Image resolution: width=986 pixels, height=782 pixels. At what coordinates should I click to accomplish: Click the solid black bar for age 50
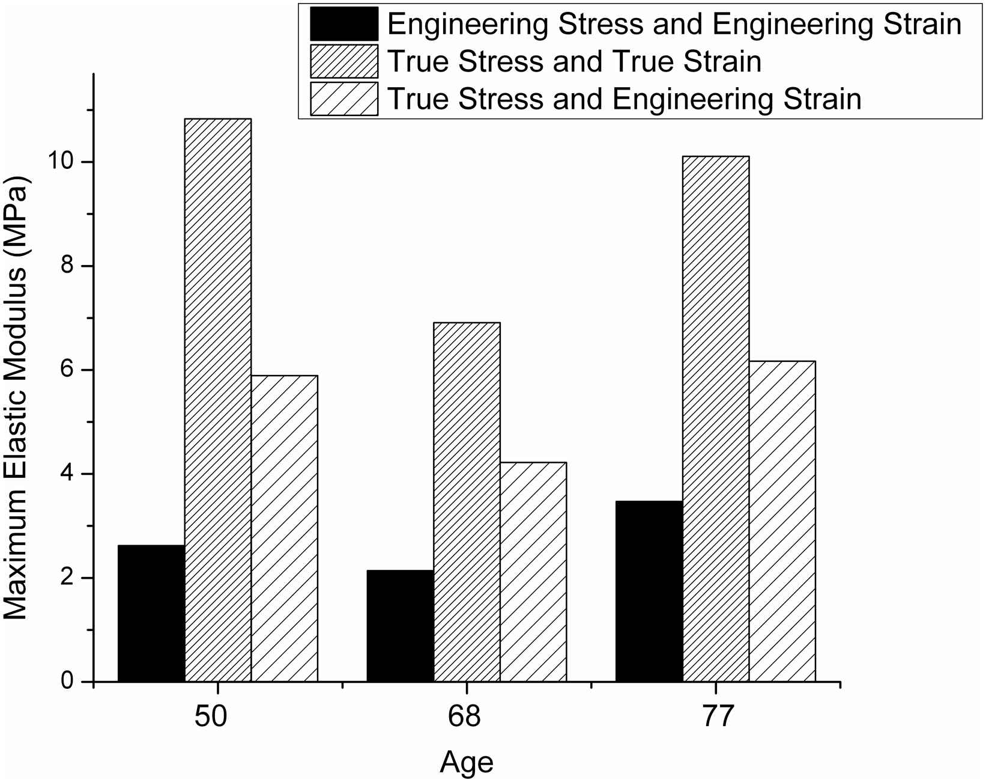[151, 613]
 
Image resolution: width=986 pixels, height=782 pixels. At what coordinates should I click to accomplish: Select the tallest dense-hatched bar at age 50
[218, 400]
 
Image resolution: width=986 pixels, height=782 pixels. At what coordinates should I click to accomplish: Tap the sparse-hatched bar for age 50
[284, 528]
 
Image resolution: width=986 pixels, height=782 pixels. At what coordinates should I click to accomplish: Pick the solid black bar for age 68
[400, 626]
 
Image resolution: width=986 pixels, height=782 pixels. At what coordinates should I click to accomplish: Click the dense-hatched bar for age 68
[467, 502]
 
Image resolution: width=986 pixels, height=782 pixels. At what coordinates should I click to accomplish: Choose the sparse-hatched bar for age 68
[533, 572]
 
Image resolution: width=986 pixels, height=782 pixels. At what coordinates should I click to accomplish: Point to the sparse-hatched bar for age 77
[782, 521]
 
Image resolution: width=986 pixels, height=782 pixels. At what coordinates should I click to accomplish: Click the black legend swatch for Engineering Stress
[344, 24]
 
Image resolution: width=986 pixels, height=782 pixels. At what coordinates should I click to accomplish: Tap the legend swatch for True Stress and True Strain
[344, 61]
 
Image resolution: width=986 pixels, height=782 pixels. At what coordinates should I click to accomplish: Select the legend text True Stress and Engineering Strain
[625, 99]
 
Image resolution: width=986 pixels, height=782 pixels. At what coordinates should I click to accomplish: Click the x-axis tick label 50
[211, 716]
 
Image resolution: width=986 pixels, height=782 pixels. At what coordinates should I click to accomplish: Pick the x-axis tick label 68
[464, 716]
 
